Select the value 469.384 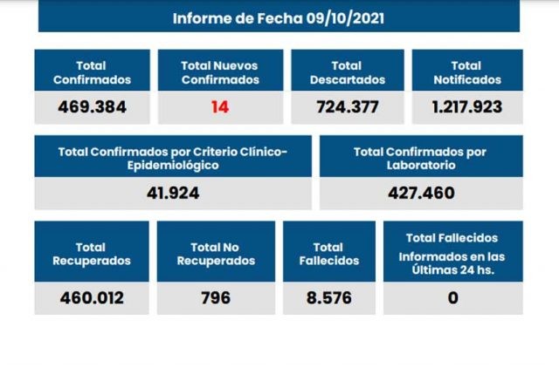point(92,108)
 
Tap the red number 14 point(219,108)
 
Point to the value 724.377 point(347,108)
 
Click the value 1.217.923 point(466,108)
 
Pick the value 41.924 point(172,193)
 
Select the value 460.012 point(92,297)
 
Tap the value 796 point(215,297)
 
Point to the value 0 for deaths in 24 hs point(452,297)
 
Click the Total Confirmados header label point(92,72)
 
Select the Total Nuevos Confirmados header point(219,72)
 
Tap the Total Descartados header point(347,72)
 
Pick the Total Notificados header point(466,72)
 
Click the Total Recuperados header point(92,253)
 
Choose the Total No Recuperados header point(215,253)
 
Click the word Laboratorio point(419,165)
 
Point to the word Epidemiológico point(172,165)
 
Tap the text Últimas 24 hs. point(452,269)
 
